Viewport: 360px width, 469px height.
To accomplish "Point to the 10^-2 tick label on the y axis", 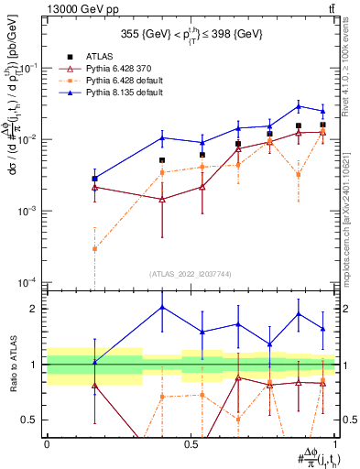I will click(28, 139).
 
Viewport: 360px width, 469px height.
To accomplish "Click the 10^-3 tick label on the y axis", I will click(28, 211).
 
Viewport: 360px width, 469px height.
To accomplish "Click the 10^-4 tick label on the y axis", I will click(28, 281).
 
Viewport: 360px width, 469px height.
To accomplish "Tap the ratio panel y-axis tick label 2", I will click(35, 309).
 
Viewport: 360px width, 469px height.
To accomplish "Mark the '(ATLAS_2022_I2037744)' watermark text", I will click(190, 274).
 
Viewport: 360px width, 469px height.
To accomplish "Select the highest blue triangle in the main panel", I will click(299, 106).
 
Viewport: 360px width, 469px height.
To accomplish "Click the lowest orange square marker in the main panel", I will click(94, 248).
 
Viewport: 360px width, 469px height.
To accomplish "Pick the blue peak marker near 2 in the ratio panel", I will click(162, 307).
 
